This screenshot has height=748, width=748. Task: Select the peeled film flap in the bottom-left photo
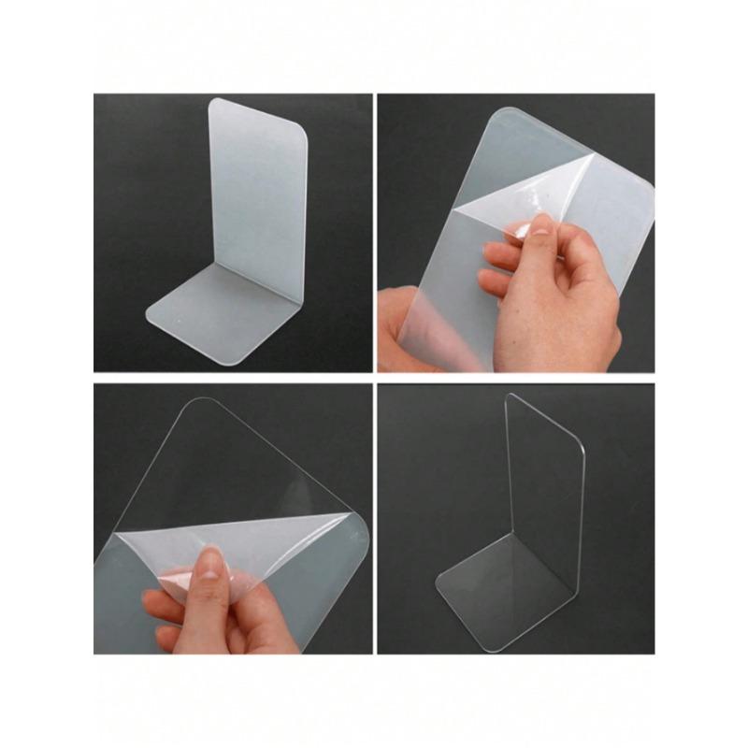(234, 547)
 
